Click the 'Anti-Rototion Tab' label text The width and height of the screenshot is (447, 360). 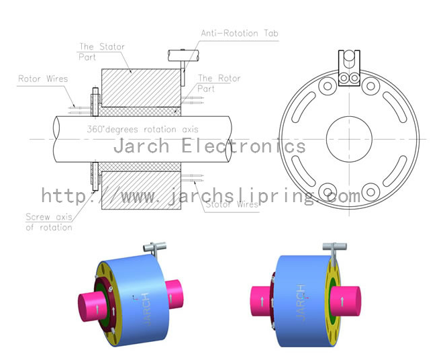coord(240,33)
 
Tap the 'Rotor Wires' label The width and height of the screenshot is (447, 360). coord(43,79)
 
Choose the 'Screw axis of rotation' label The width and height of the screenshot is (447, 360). coord(48,222)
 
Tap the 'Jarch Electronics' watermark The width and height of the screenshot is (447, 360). coord(209,146)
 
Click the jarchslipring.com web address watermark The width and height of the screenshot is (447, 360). coord(201,195)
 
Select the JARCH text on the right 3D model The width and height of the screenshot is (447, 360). coord(301,301)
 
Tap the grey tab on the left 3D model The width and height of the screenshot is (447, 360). coord(156,250)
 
